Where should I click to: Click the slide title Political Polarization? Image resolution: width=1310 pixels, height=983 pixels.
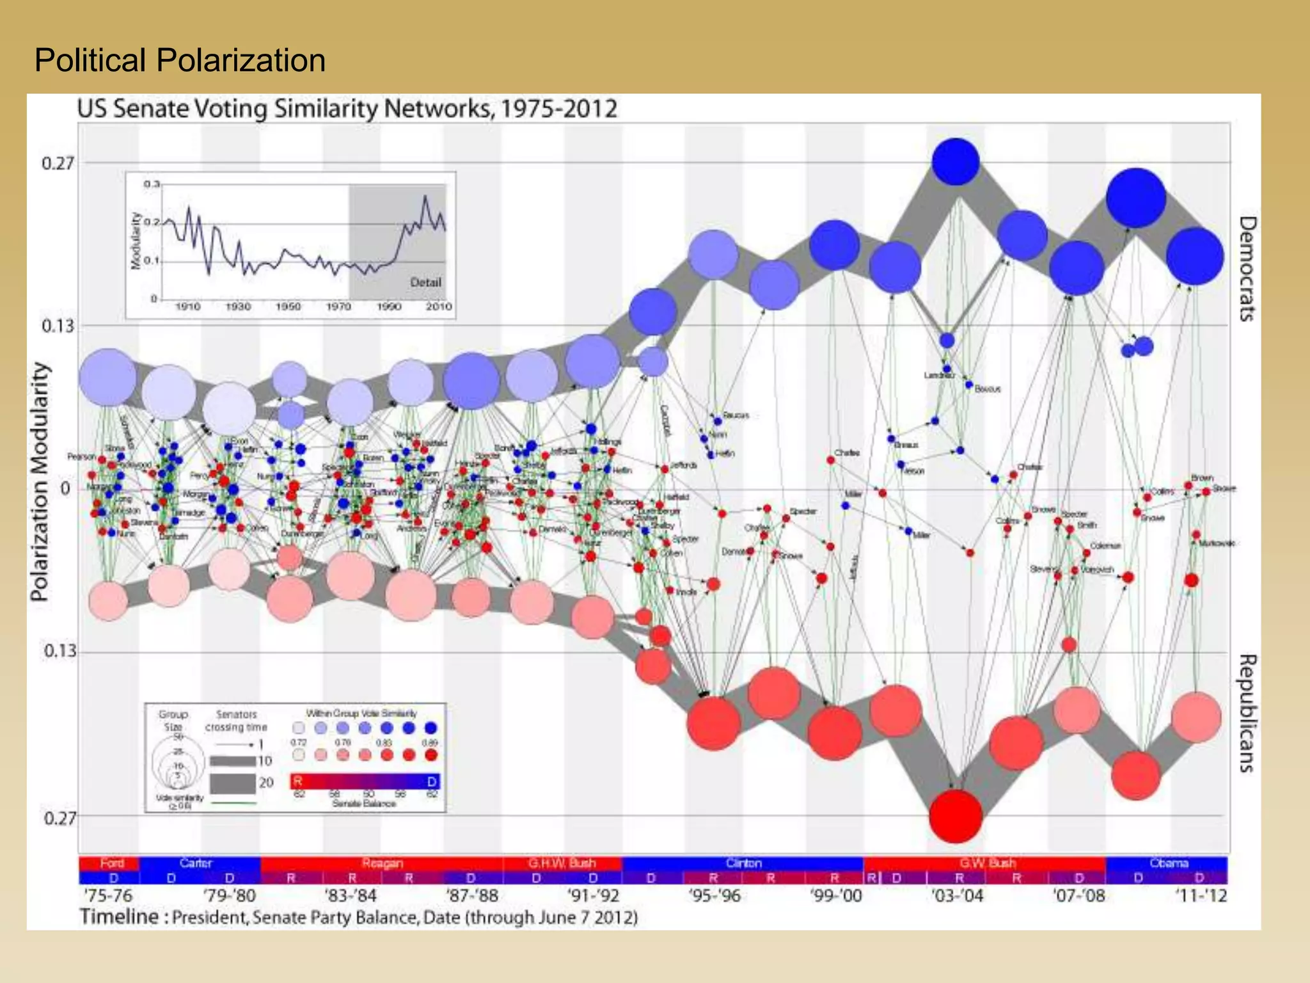(x=180, y=61)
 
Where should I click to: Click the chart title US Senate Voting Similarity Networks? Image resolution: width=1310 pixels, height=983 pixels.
(x=347, y=109)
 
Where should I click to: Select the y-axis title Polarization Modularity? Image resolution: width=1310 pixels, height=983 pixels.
(x=40, y=481)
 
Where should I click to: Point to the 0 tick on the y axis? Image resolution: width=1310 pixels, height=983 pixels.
(x=65, y=489)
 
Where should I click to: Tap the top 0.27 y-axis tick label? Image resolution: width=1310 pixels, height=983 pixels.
(x=58, y=163)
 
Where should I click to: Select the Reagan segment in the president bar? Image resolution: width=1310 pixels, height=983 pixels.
(x=382, y=863)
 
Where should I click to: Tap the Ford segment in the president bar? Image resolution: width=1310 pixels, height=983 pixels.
(x=111, y=863)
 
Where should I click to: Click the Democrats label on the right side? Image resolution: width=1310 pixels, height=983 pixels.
(x=1247, y=268)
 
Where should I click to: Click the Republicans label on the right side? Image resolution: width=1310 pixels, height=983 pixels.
(x=1247, y=713)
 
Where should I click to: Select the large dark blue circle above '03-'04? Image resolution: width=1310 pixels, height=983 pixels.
(x=956, y=161)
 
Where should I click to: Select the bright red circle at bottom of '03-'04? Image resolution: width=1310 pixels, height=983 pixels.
(x=955, y=816)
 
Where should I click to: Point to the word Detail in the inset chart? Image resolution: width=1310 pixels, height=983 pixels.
(x=425, y=282)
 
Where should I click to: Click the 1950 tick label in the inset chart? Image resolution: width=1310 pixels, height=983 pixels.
(x=288, y=307)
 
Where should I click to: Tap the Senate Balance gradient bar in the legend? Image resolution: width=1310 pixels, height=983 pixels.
(x=365, y=781)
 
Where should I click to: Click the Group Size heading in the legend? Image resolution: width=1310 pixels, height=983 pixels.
(x=173, y=721)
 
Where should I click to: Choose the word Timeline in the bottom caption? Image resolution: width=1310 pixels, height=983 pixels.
(x=119, y=917)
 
